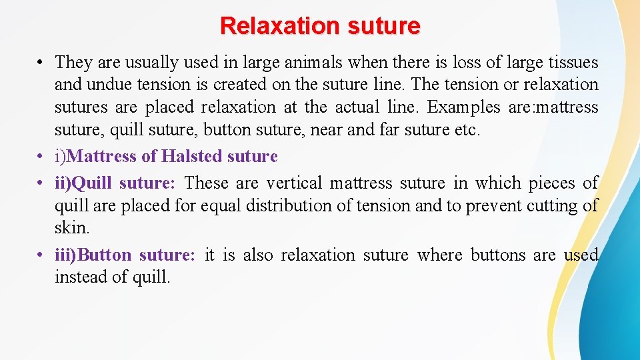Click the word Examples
pos(459,107)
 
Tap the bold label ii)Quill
pos(84,183)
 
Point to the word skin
pos(71,227)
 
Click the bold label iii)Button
pos(93,255)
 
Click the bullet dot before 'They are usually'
pos(41,63)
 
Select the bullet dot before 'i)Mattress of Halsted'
pos(41,157)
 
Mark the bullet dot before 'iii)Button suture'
pos(41,255)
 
